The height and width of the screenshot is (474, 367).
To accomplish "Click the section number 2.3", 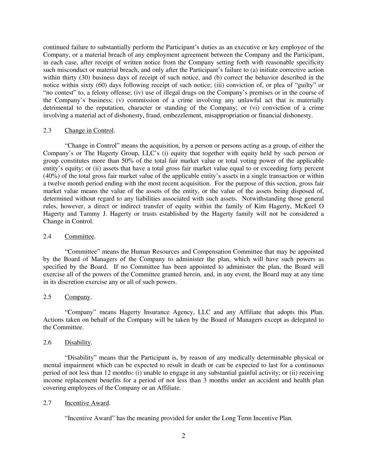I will [47, 131].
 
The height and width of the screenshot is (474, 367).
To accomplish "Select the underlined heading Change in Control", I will [89, 131].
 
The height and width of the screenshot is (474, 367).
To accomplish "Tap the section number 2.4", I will [47, 236].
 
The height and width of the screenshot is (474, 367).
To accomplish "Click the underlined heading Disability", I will [78, 342].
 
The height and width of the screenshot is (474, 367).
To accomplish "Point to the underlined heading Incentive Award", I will [87, 403].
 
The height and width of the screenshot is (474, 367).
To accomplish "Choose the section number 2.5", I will [47, 297].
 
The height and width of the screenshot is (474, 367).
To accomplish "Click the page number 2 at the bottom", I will [183, 436].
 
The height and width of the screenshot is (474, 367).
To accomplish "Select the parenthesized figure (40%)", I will [51, 176].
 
